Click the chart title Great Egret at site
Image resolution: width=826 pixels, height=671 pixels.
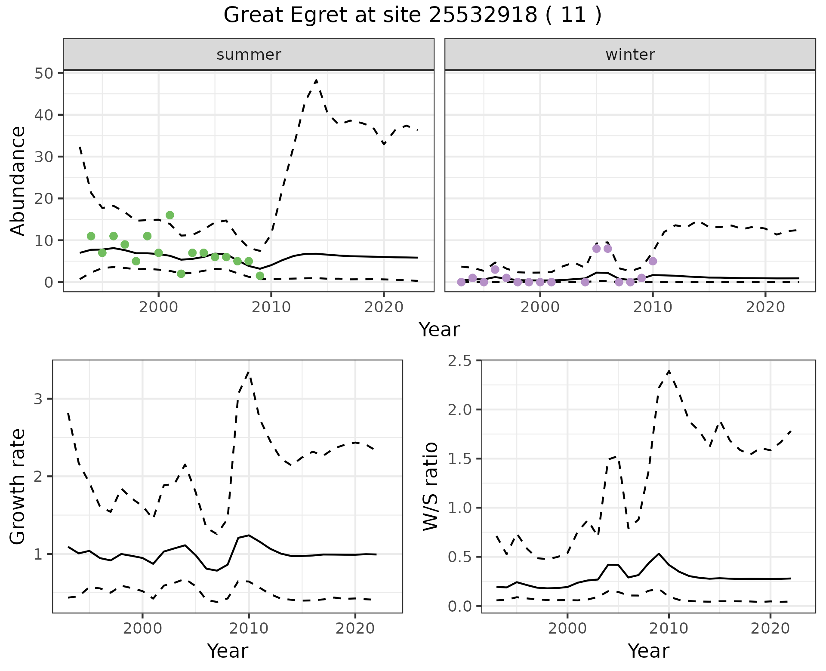412,15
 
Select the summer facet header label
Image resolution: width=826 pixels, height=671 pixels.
249,55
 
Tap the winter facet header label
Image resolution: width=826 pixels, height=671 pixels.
630,55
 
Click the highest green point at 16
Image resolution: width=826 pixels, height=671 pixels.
170,215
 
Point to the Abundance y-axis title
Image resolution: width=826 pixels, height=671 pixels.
18,181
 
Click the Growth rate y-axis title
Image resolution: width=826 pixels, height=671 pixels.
18,486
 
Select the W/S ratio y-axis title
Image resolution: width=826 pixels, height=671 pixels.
431,486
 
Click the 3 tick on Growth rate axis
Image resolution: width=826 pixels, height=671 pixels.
38,399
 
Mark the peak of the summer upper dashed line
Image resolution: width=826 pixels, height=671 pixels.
316,80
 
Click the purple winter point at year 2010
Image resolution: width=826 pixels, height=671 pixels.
653,261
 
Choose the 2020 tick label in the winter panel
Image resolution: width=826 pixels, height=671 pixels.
765,307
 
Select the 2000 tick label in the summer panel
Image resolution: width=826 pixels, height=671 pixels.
158,307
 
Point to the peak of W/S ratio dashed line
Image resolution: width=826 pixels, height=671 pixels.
669,371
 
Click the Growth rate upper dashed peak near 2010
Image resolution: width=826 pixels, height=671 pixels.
249,372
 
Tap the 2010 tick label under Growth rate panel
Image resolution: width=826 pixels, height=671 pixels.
249,628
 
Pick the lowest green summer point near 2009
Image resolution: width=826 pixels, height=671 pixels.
260,276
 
